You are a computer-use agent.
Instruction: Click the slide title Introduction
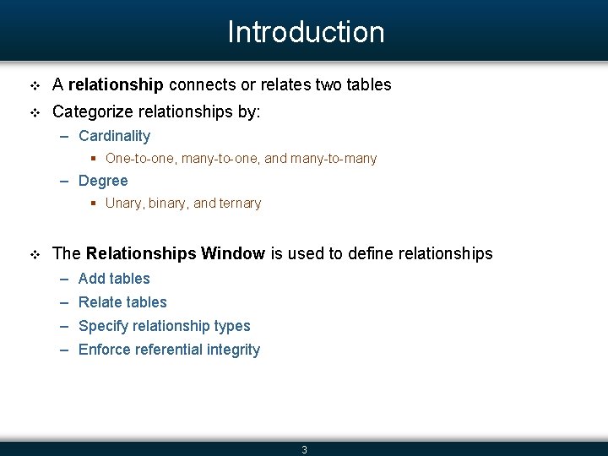[x=306, y=32]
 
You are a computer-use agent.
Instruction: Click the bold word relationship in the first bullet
[x=116, y=84]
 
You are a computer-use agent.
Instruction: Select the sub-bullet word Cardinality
[x=114, y=136]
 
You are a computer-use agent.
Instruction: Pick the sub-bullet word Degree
[x=103, y=181]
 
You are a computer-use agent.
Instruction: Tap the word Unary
[x=123, y=204]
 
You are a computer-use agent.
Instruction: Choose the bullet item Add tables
[x=114, y=279]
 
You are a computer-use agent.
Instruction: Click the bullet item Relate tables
[x=122, y=302]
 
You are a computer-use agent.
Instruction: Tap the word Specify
[x=104, y=326]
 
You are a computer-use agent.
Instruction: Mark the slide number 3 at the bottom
[x=305, y=449]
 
